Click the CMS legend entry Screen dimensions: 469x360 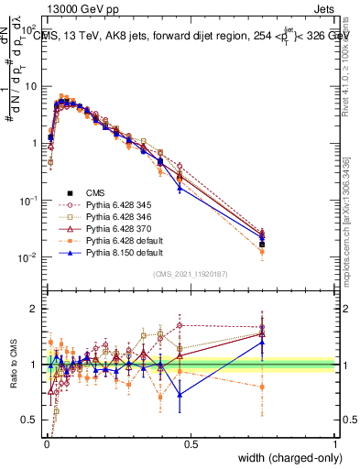coord(95,192)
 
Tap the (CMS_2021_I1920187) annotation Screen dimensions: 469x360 coord(191,274)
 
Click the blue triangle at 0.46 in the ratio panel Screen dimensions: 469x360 coord(179,395)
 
